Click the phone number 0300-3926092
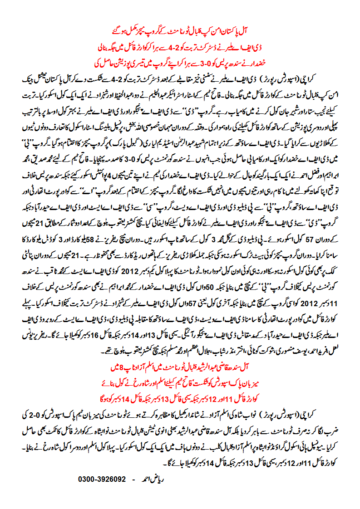pyautogui.click(x=102, y=479)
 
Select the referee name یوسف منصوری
pyautogui.click(x=288, y=338)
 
